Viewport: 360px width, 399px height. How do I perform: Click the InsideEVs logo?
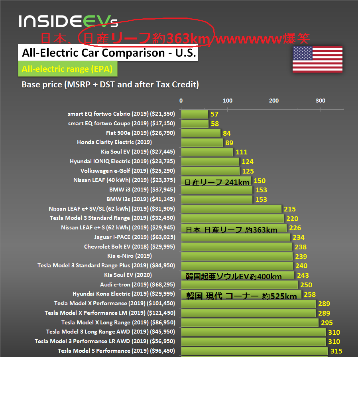tap(68, 21)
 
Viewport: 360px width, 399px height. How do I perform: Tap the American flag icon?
tap(317, 59)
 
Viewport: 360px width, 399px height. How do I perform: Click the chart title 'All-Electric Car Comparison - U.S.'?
tap(108, 53)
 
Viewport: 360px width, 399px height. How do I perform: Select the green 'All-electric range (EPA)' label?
tap(67, 69)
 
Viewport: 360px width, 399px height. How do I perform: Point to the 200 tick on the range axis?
tap(274, 101)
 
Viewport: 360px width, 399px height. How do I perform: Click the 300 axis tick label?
tap(321, 101)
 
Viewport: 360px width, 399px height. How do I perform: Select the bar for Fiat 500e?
tap(201, 133)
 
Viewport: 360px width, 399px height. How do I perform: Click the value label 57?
tap(214, 114)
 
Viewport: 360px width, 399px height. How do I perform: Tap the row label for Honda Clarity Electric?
tap(114, 142)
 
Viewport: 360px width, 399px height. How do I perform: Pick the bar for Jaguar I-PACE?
tap(235, 237)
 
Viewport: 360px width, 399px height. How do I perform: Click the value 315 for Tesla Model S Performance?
tap(336, 351)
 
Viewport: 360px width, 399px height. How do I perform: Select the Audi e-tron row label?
tap(137, 284)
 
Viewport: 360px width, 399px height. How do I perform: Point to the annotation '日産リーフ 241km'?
tap(217, 182)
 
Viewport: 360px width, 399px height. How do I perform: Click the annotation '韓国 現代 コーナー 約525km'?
tap(242, 296)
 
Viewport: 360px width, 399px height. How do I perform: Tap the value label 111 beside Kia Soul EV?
tap(241, 152)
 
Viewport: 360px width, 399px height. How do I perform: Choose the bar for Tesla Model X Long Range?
tap(250, 322)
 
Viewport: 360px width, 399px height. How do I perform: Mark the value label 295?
tap(327, 323)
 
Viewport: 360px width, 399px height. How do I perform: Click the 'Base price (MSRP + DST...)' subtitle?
tap(110, 85)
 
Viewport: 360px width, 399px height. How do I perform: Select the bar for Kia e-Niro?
tap(237, 256)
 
